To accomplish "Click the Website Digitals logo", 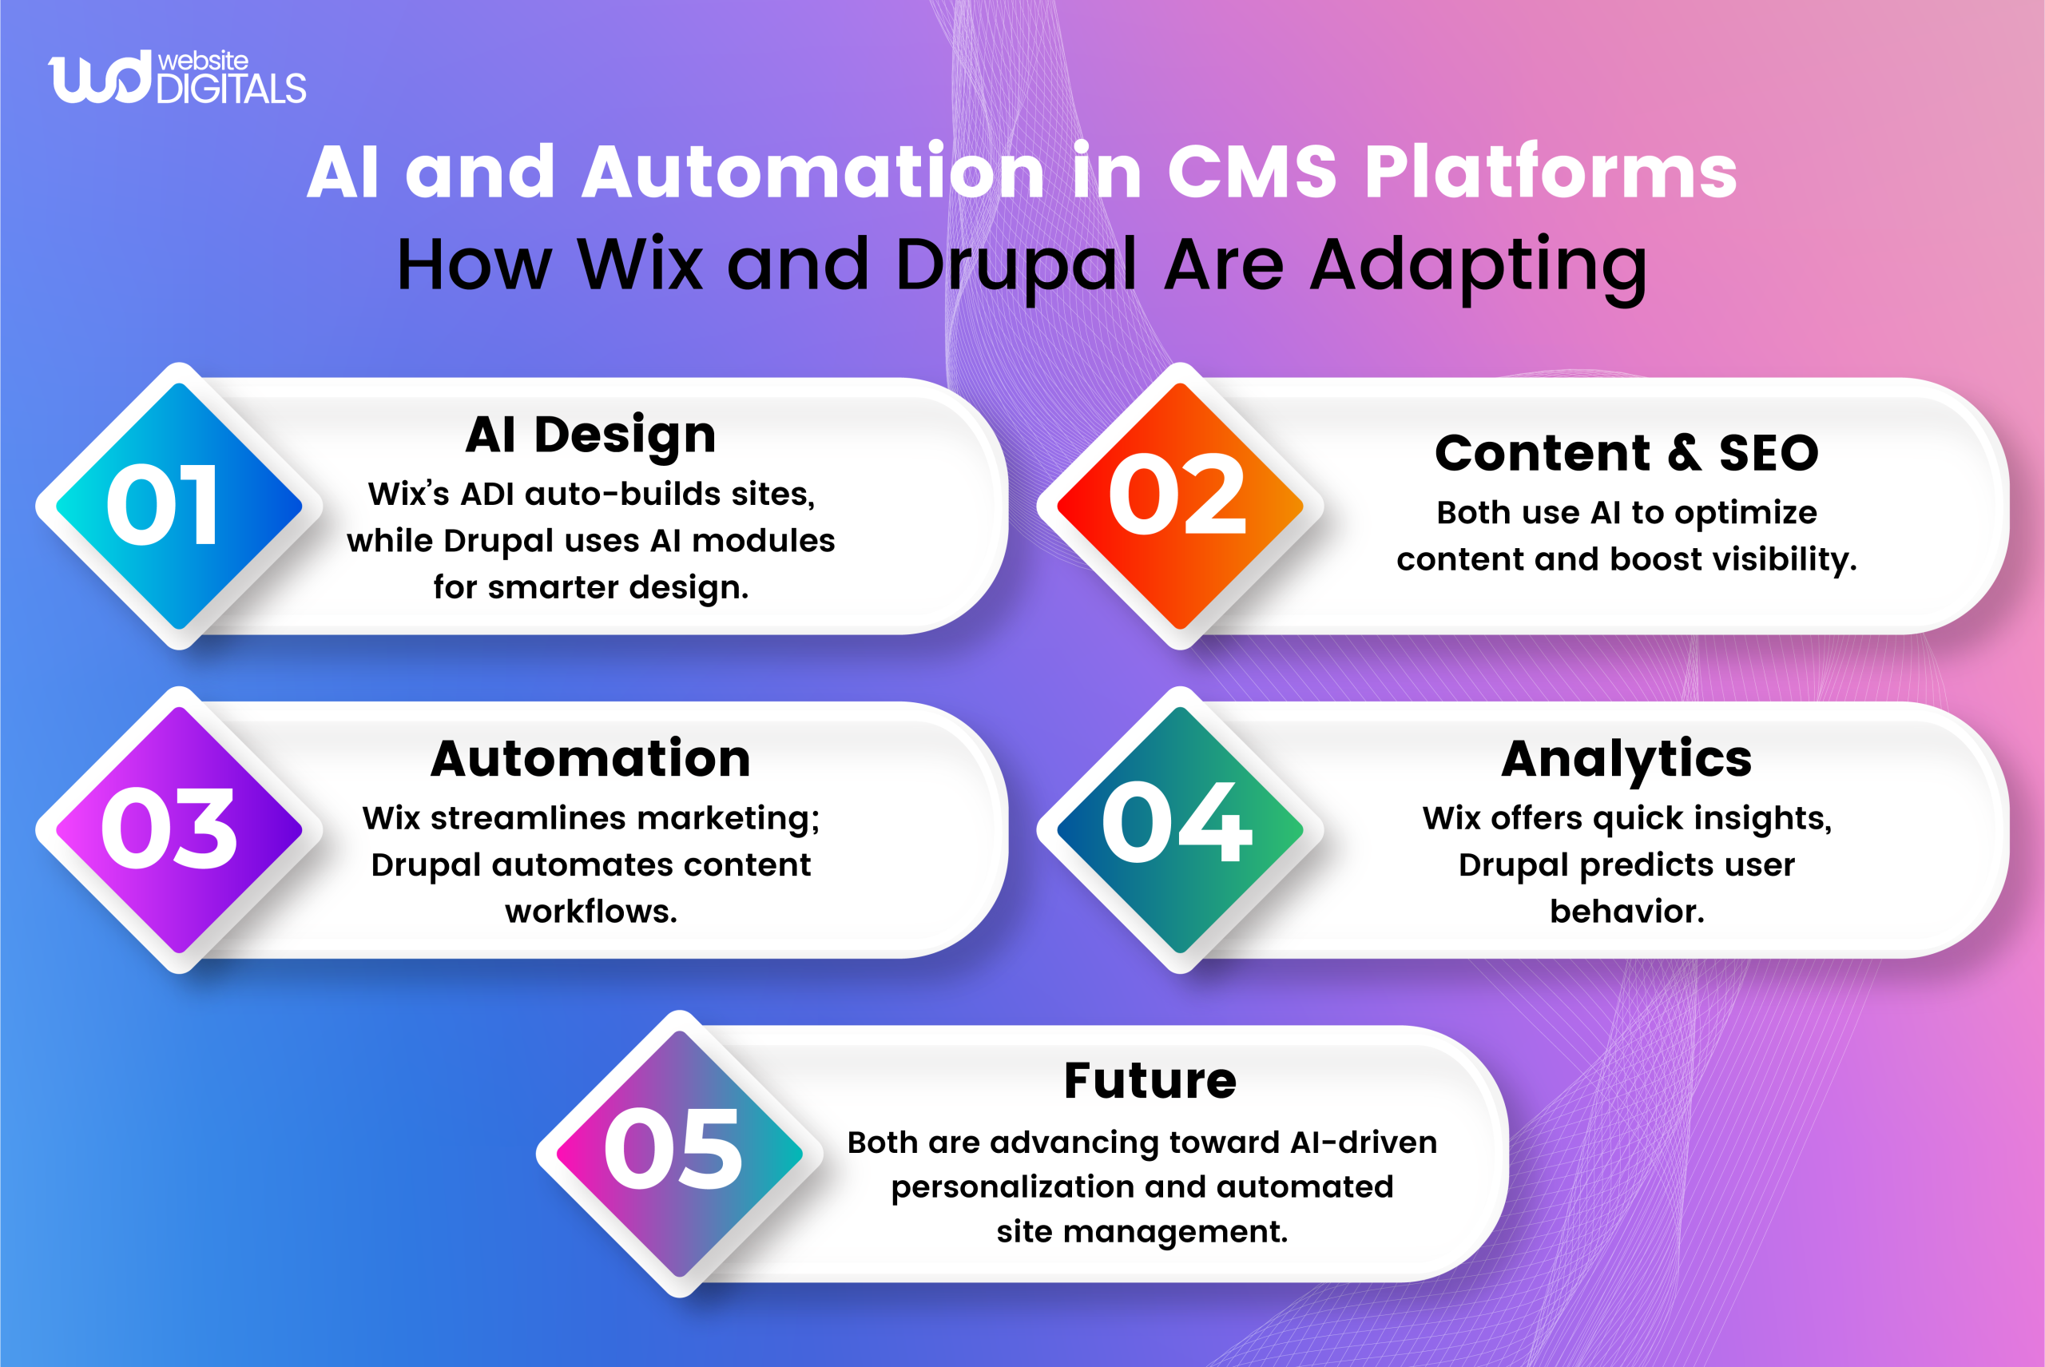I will point(177,77).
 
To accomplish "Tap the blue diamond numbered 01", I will point(179,506).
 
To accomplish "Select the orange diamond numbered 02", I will point(1179,506).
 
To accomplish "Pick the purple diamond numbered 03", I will point(179,829).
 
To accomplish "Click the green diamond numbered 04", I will point(1179,829).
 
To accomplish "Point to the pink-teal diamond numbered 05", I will point(679,1154).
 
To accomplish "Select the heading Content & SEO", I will point(1626,453).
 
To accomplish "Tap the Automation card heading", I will point(590,758).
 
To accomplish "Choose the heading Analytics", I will point(1626,758).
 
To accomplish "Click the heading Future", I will point(1150,1081).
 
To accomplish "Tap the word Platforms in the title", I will point(1550,172).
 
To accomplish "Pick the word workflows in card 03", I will point(590,911).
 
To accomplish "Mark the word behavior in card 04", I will point(1626,911).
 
